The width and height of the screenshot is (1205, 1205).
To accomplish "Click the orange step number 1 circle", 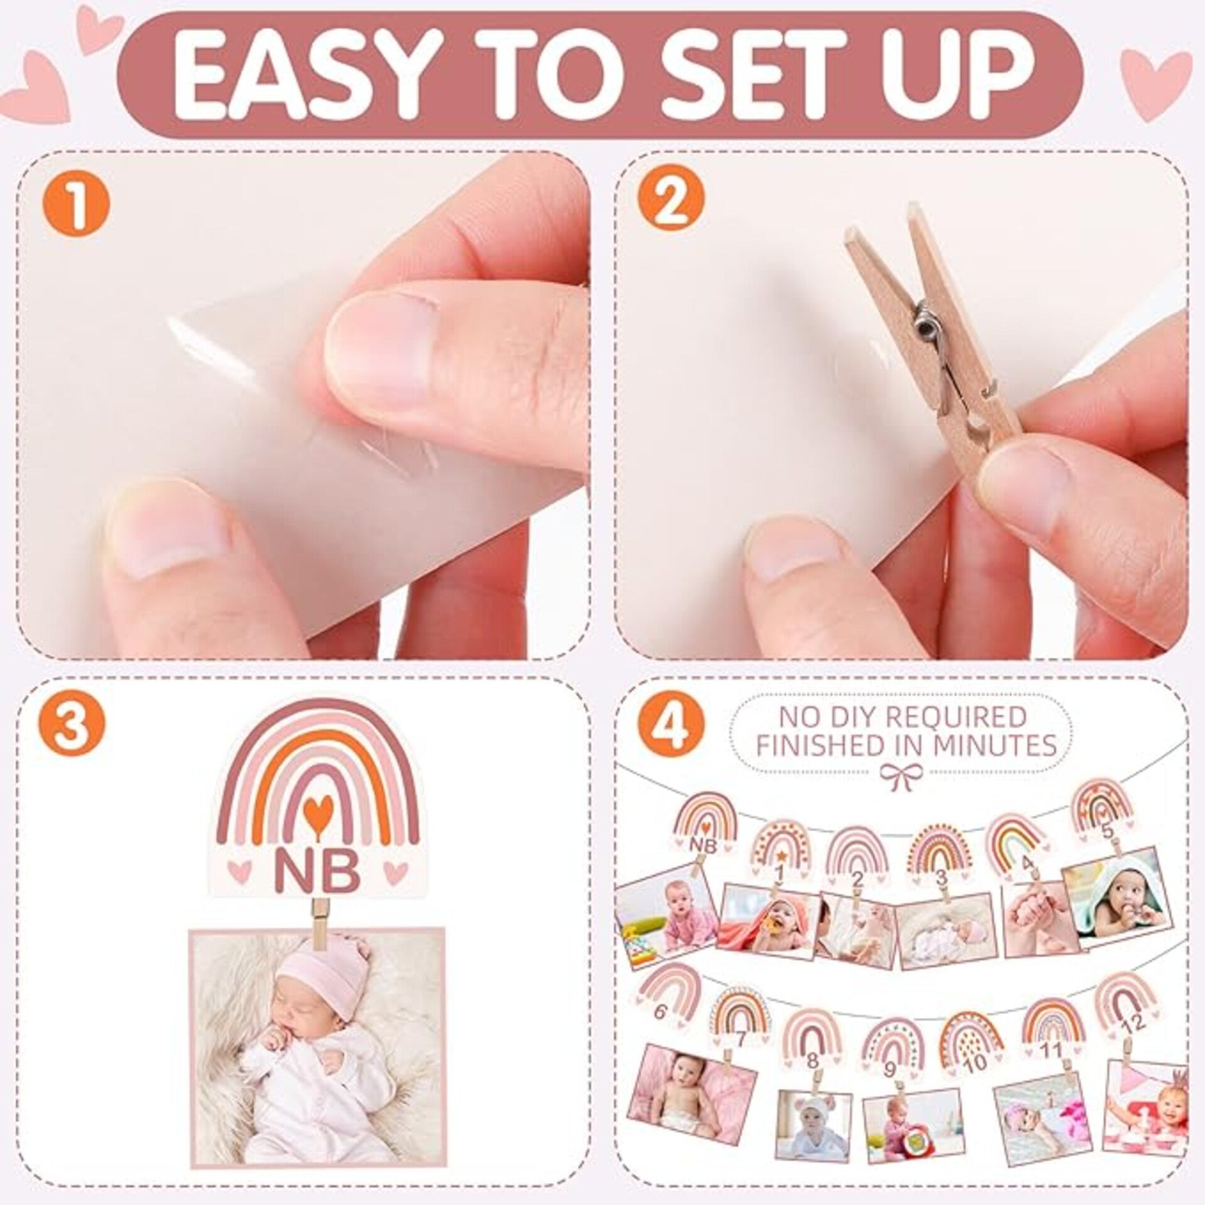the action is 79,203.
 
